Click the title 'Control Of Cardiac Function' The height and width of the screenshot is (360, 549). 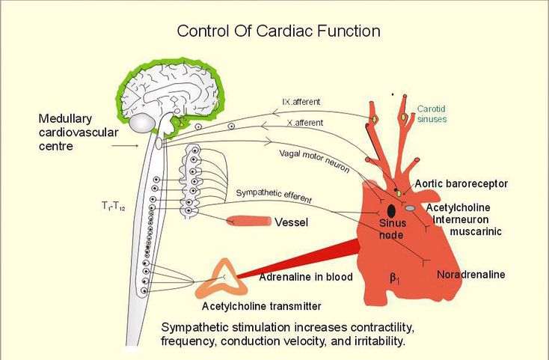coord(278,31)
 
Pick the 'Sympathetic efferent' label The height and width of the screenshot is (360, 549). coord(274,195)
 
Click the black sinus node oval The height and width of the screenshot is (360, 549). coord(391,211)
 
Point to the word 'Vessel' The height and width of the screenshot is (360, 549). coord(292,222)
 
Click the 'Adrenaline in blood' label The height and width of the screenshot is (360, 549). coord(305,277)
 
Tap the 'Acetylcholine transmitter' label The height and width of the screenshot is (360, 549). coord(262,305)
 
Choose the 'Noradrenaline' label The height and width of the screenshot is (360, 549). coord(470,275)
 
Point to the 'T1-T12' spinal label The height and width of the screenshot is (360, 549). coord(114,204)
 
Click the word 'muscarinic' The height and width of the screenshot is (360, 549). coord(475,231)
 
